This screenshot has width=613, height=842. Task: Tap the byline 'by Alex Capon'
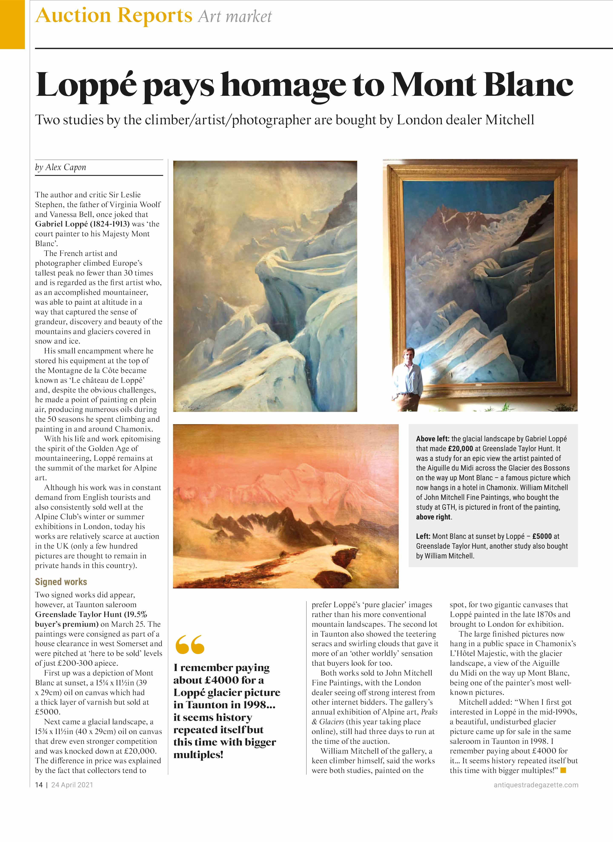(x=60, y=167)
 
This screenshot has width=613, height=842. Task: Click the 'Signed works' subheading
(x=61, y=582)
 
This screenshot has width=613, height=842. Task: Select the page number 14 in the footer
(x=39, y=785)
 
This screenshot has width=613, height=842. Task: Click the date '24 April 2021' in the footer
(x=72, y=785)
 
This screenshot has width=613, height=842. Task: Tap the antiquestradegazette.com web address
(x=536, y=785)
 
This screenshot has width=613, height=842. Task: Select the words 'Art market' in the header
(x=235, y=17)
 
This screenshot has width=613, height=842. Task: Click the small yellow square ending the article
(x=563, y=770)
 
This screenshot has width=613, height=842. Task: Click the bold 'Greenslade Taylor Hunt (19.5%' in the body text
(x=91, y=614)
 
